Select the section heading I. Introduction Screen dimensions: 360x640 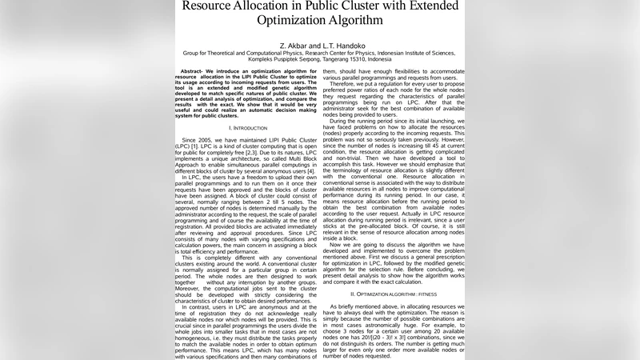(x=247, y=128)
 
